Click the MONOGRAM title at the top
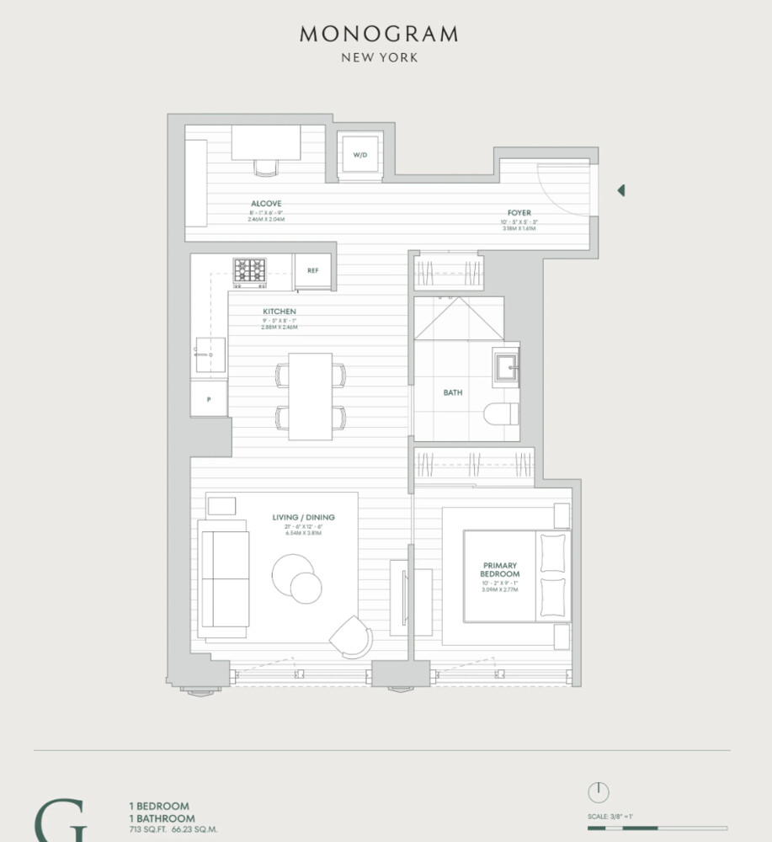pos(379,35)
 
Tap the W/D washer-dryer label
pos(360,156)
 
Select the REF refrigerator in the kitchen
pos(312,270)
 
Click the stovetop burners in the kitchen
pos(249,270)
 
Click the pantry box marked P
pos(209,398)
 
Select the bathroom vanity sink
pos(507,366)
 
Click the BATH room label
pos(453,392)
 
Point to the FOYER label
pos(519,213)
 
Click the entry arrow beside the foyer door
pos(621,190)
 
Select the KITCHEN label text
pos(280,312)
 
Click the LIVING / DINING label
pos(304,517)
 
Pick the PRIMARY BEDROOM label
pos(501,569)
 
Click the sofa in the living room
pos(222,578)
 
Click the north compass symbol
pos(598,792)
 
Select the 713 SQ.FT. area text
pos(146,829)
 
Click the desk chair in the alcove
pos(265,168)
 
